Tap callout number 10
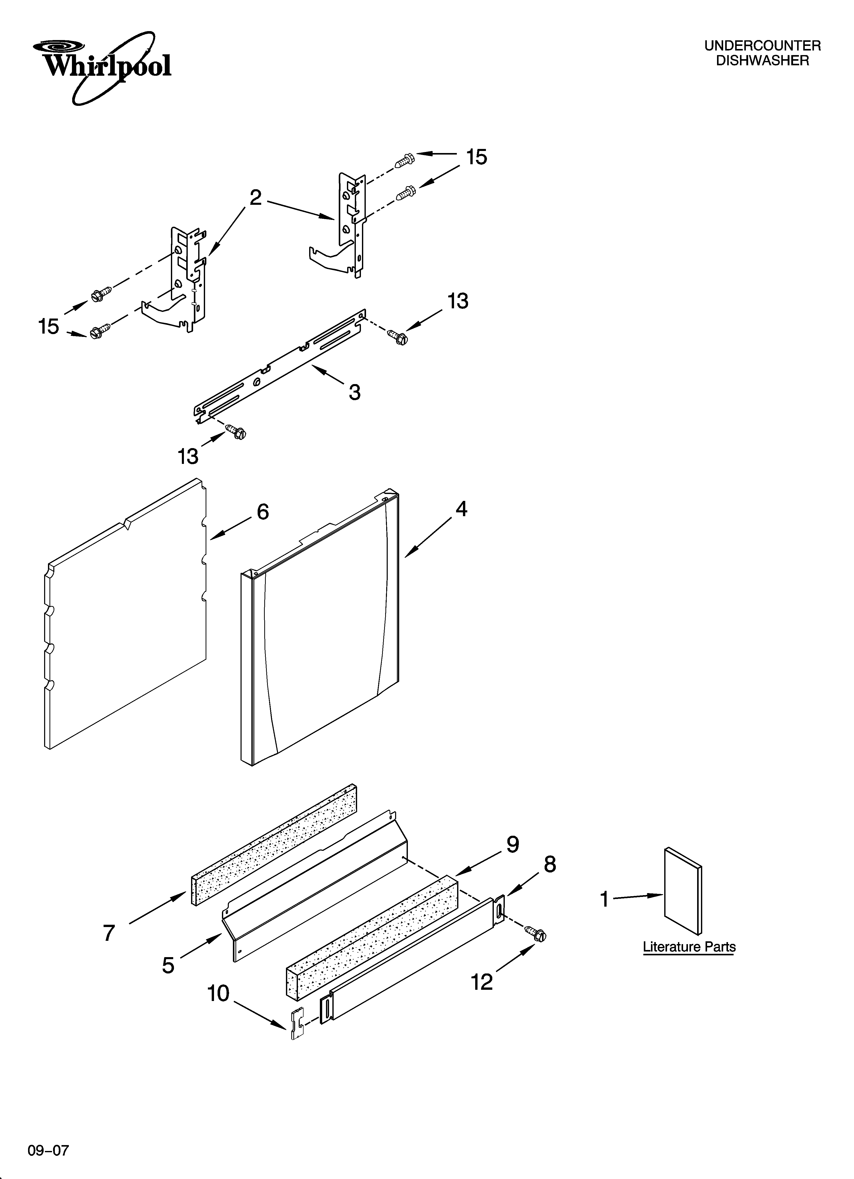(218, 993)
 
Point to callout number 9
(513, 845)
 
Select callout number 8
(550, 865)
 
